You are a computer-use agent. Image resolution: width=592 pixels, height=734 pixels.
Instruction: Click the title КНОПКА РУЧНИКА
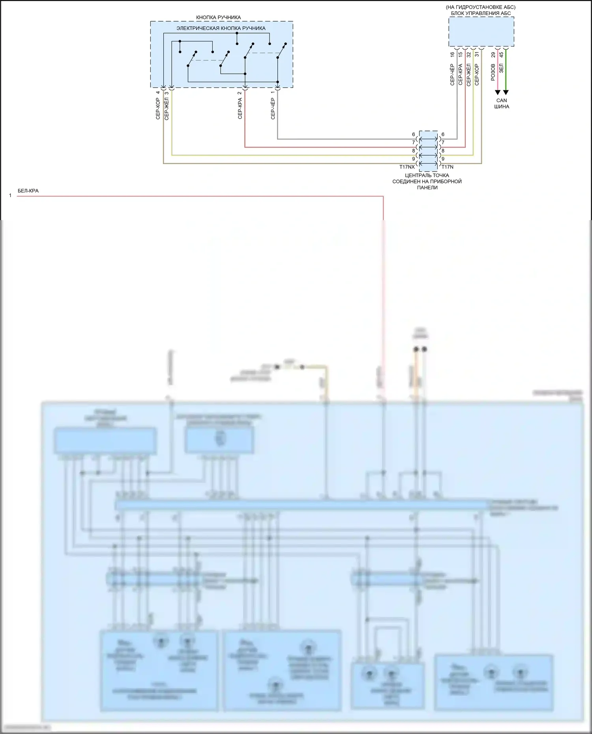point(218,18)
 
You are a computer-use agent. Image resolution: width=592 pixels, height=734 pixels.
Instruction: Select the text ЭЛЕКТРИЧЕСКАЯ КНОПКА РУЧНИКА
point(221,28)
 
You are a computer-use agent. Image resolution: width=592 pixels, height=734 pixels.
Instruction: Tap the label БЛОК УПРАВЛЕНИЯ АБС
point(481,13)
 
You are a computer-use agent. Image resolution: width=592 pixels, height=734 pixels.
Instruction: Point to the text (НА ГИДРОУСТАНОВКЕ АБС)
point(481,7)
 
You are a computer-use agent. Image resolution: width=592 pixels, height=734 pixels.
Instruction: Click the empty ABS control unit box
point(481,32)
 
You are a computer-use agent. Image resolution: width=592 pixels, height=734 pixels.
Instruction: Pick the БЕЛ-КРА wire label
point(28,191)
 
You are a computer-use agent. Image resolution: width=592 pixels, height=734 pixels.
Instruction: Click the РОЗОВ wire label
point(493,72)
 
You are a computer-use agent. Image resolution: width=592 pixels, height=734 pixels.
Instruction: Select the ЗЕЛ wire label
point(501,69)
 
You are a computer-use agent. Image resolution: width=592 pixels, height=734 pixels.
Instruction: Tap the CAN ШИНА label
point(502,103)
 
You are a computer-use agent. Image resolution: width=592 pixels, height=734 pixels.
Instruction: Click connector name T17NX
point(407,167)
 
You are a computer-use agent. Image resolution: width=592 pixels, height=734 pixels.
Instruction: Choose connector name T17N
point(447,167)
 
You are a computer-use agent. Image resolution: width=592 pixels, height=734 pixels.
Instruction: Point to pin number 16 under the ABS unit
point(452,55)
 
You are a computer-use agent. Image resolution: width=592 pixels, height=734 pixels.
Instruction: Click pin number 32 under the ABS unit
point(469,55)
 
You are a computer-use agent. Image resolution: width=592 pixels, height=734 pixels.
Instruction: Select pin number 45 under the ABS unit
point(501,55)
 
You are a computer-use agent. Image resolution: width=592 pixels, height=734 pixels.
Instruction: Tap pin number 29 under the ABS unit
point(493,55)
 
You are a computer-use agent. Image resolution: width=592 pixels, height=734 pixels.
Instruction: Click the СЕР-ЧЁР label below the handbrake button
point(273,108)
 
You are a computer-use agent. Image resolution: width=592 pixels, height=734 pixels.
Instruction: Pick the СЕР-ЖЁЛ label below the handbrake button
point(167,108)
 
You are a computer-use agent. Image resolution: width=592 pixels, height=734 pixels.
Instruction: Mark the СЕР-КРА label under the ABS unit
point(461,75)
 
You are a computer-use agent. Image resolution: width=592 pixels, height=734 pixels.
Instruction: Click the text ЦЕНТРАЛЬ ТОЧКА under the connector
point(427,176)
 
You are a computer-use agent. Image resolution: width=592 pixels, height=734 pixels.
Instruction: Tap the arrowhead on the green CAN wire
point(506,93)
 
